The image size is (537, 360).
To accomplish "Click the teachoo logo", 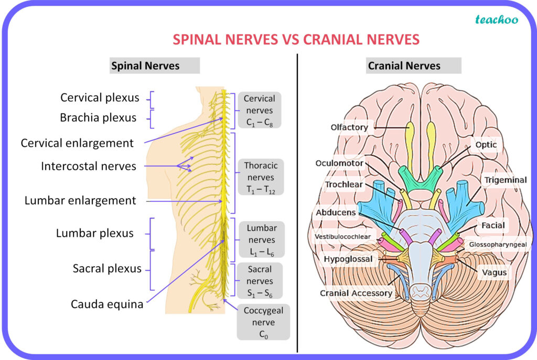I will (496, 20).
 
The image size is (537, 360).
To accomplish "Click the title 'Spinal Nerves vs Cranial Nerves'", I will (296, 39).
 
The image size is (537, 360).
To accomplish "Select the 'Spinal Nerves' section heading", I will (145, 66).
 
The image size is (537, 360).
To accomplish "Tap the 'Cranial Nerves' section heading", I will (404, 66).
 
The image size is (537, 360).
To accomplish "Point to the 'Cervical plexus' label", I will (100, 97).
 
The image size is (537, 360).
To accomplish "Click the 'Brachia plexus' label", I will (98, 118).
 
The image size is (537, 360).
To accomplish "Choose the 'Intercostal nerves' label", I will (89, 166).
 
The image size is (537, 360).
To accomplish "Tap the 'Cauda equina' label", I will (108, 304).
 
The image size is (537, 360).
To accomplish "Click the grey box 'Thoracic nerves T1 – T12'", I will (261, 177).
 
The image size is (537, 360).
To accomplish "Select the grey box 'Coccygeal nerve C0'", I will (263, 322).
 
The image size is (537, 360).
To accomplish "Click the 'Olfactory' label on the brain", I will (349, 127).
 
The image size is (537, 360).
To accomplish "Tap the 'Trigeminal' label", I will (505, 180).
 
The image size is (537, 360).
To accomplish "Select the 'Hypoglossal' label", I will (348, 259).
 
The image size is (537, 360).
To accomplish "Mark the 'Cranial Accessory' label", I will (356, 293).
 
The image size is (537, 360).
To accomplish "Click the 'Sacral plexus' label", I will (107, 269).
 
